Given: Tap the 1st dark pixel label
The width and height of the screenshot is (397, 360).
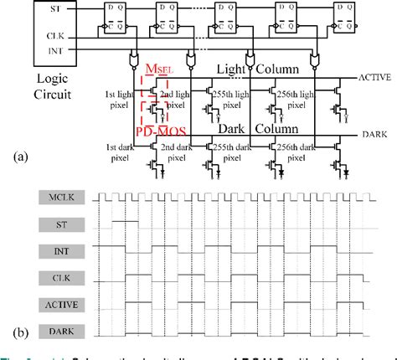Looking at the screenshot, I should (x=119, y=152).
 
